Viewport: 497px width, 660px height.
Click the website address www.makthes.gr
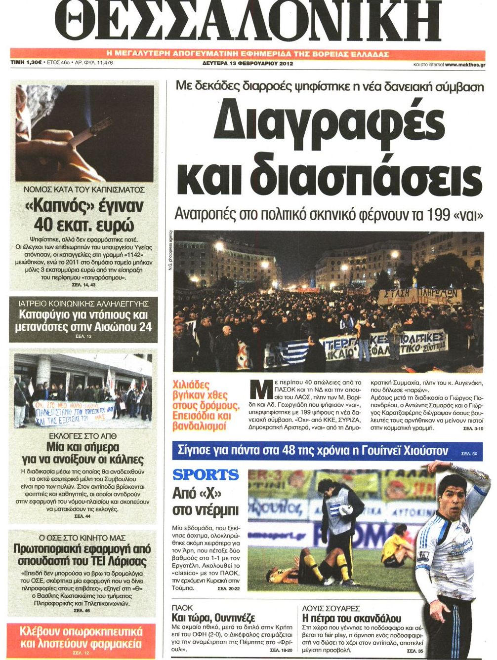(464, 65)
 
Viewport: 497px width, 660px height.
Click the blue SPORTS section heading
(206, 475)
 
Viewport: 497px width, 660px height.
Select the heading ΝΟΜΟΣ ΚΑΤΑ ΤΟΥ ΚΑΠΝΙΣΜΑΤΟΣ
(84, 190)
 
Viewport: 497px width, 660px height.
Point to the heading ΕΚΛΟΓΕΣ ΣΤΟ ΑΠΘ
(83, 437)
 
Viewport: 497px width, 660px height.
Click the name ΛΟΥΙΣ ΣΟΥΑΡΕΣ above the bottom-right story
(331, 608)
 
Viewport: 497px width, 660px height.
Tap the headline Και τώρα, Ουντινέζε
(213, 618)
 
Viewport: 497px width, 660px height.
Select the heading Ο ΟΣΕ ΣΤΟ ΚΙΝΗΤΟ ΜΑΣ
(82, 538)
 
